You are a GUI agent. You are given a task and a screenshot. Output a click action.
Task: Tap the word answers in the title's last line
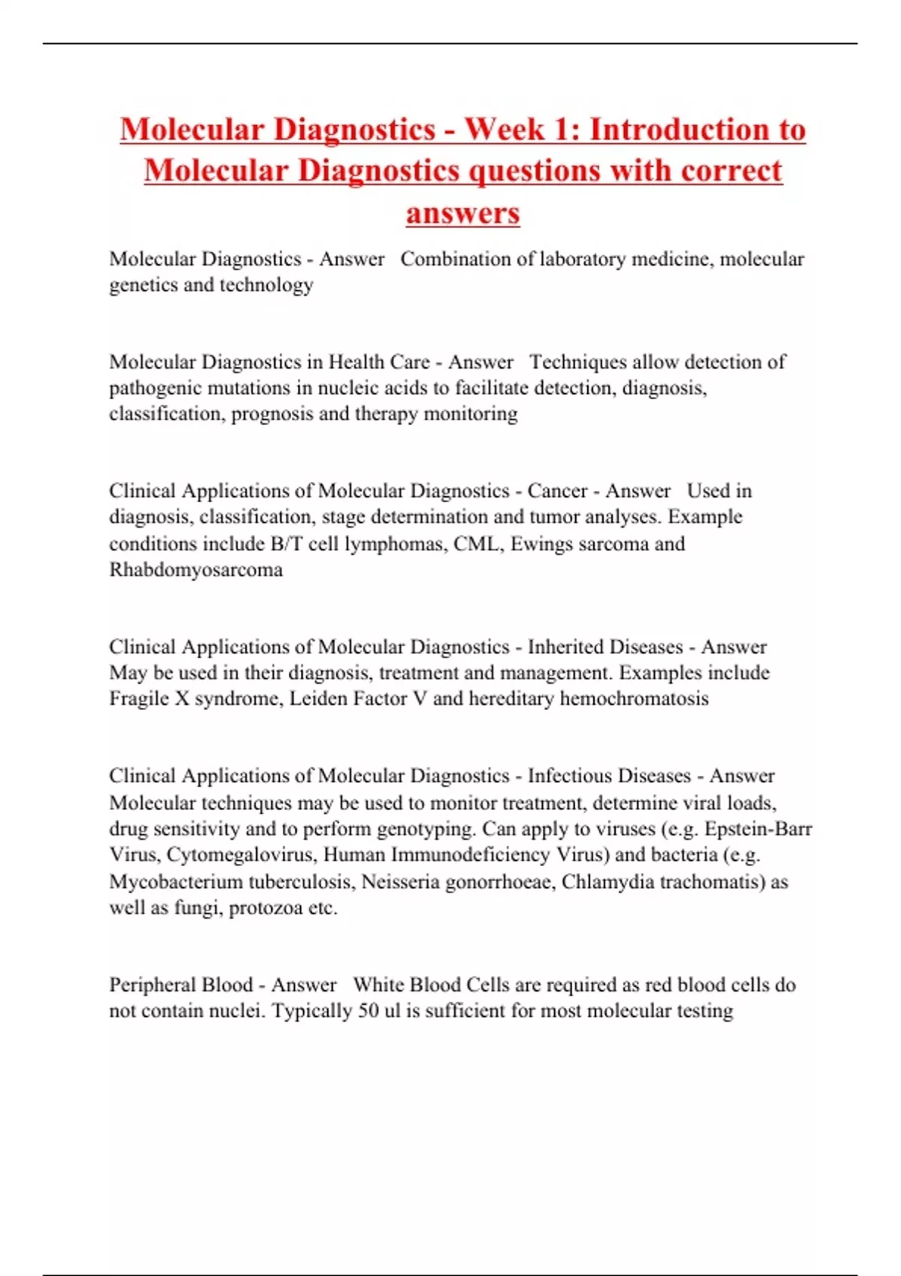pos(463,213)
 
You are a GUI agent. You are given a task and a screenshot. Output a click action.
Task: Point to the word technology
pos(266,285)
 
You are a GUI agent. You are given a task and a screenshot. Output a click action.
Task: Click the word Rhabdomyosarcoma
pos(196,570)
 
